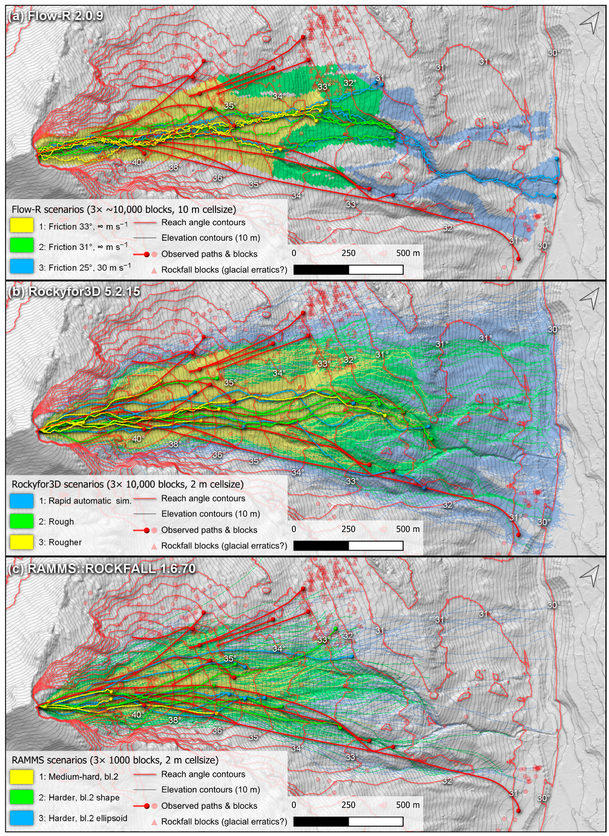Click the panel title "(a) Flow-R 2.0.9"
point(55,16)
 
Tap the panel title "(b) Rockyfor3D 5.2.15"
point(73,292)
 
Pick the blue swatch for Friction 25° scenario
point(22,266)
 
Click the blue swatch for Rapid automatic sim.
point(22,501)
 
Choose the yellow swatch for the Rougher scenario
point(22,542)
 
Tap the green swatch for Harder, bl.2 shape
point(22,797)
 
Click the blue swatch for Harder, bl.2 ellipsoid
point(22,818)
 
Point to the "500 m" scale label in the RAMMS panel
point(407,805)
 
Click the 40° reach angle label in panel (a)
point(138,162)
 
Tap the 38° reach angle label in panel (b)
point(174,445)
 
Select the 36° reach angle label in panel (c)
point(218,731)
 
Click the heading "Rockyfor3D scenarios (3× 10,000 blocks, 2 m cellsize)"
point(128,485)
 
